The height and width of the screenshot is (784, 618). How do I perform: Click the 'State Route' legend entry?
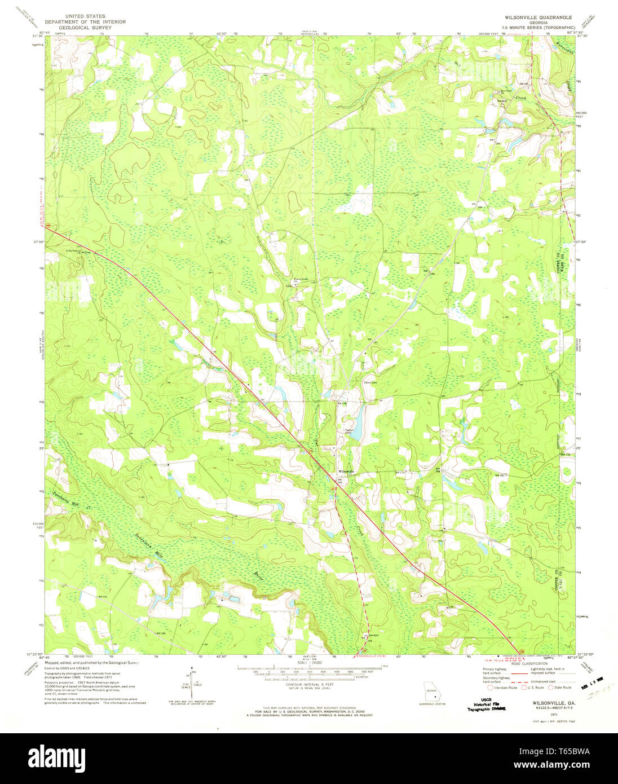coord(560,688)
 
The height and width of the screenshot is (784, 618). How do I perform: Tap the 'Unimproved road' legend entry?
coord(544,680)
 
